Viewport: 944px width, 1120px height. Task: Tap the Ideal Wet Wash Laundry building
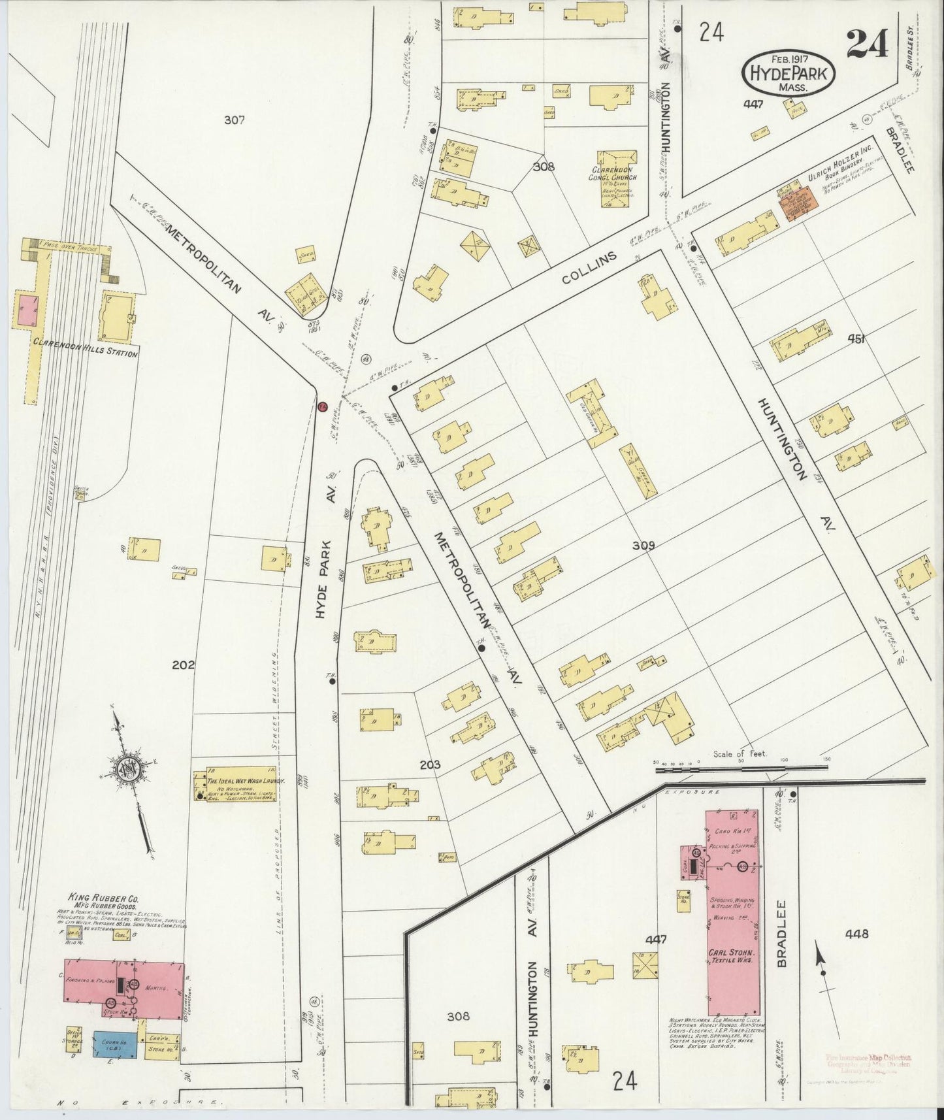[237, 784]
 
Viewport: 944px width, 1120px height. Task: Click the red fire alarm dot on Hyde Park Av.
[321, 406]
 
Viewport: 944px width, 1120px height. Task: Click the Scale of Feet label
[741, 753]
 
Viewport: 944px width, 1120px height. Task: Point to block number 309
[643, 545]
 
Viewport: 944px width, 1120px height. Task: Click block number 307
[233, 120]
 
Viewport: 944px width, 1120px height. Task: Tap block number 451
[856, 338]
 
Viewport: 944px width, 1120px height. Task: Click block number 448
[856, 933]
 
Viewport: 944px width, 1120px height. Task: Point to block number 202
[184, 665]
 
